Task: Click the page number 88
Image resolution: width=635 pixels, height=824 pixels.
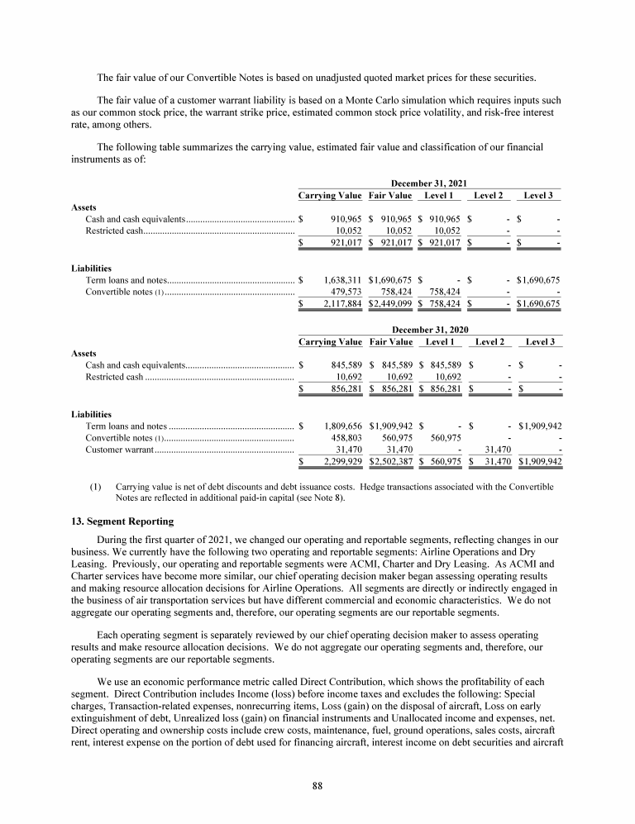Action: pyautogui.click(x=317, y=785)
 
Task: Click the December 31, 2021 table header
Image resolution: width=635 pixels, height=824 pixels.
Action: pyautogui.click(x=430, y=183)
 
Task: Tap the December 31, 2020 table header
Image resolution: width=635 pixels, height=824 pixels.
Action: pyautogui.click(x=430, y=329)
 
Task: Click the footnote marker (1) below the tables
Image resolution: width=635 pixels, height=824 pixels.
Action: pyautogui.click(x=95, y=488)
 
